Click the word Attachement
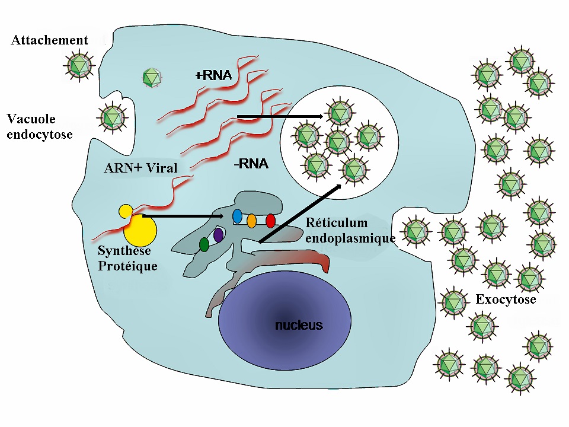point(49,40)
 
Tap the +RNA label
point(213,75)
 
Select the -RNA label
point(251,164)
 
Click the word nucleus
point(299,325)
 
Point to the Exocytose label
point(506,299)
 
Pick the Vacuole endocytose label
point(39,127)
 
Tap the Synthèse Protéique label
point(127,259)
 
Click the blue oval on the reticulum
point(238,216)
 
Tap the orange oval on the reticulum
point(251,221)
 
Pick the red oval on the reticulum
point(270,221)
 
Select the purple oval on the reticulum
point(218,235)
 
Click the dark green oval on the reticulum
point(204,244)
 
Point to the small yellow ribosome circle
point(126,211)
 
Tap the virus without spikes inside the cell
point(152,77)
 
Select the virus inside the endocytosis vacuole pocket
point(111,117)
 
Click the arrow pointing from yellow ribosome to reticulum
point(184,216)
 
